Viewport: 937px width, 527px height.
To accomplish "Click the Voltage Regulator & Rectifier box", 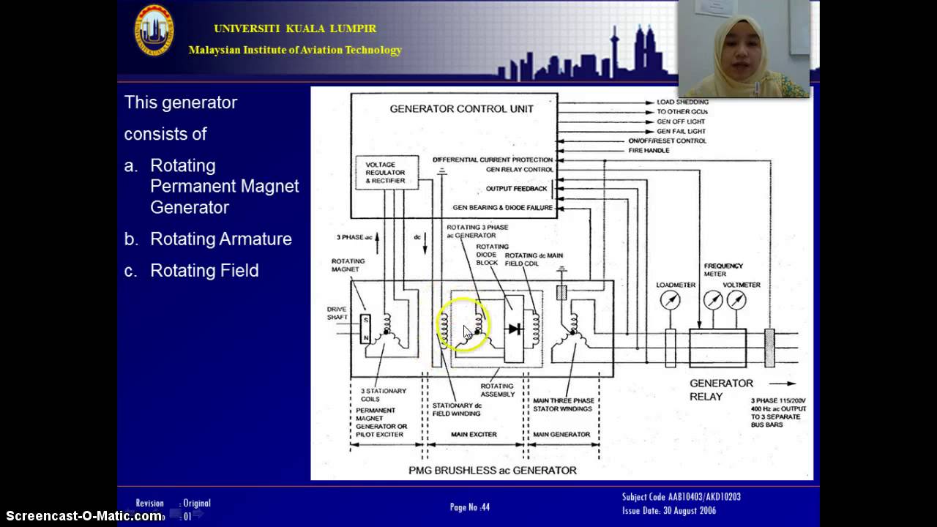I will (386, 173).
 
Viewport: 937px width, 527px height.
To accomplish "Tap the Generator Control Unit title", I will (461, 109).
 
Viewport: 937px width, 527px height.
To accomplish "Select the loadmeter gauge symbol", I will (670, 300).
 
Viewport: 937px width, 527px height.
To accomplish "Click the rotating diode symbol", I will (515, 329).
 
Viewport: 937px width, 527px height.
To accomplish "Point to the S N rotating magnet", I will (366, 329).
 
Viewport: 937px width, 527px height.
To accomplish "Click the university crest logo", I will (154, 30).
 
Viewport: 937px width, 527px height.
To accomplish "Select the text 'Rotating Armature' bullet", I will (220, 239).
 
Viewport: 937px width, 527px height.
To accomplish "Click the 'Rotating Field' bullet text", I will (204, 271).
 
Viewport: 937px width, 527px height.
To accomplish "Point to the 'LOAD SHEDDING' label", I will (682, 102).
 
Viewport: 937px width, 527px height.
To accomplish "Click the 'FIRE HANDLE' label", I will (649, 151).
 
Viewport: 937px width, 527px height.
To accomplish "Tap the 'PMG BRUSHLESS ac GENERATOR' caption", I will (492, 471).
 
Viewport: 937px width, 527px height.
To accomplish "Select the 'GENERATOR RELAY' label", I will (720, 389).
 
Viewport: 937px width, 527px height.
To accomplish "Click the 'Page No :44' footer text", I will (469, 507).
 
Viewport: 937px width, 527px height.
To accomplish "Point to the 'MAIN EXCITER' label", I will (474, 435).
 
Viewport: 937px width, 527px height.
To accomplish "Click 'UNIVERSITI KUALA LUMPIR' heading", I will (295, 29).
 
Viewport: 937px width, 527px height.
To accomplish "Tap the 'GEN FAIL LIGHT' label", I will (681, 131).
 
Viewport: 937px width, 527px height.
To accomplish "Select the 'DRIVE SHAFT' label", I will (337, 313).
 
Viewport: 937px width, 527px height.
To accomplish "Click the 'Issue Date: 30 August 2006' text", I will (669, 511).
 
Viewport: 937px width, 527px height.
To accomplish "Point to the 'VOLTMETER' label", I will (742, 285).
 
